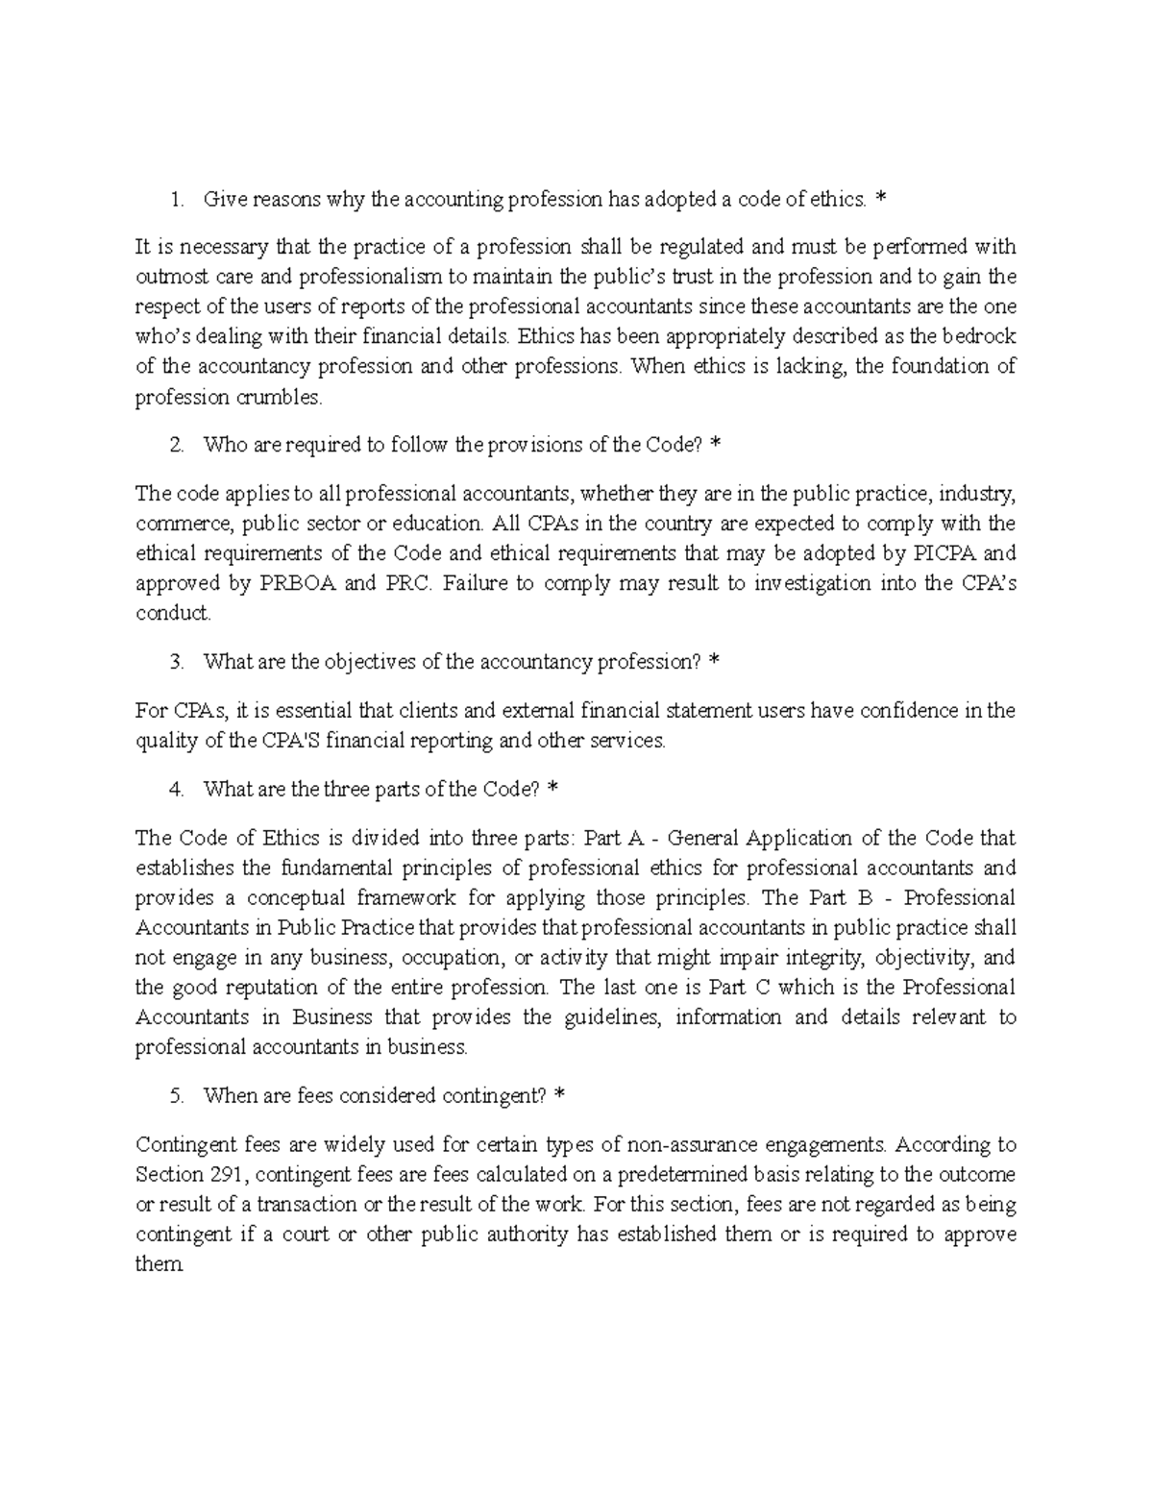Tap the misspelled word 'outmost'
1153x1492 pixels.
168,277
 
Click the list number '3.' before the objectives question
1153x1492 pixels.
175,662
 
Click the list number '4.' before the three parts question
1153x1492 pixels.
175,789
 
